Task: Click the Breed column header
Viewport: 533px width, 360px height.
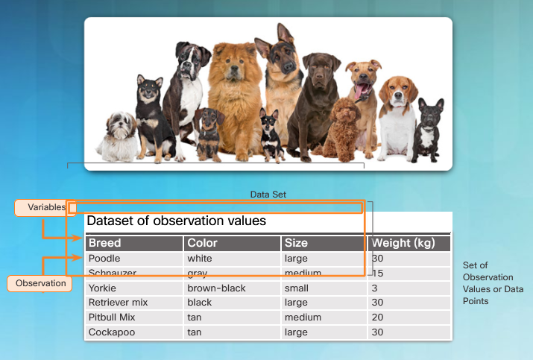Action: click(x=134, y=243)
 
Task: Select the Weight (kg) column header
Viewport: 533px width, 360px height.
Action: click(x=409, y=243)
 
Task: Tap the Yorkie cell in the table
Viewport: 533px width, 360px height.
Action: click(x=134, y=288)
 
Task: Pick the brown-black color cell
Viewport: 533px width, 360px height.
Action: click(x=232, y=288)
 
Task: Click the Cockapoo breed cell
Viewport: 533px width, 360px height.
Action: click(x=134, y=332)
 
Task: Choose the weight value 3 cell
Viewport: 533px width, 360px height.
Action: click(x=409, y=288)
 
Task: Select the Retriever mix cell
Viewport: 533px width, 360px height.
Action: click(x=134, y=303)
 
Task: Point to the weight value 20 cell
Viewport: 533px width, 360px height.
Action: click(x=409, y=318)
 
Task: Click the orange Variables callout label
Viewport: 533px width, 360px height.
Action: click(x=45, y=207)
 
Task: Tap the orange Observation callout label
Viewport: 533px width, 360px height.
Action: click(x=40, y=283)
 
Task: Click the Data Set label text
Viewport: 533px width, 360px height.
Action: click(x=268, y=195)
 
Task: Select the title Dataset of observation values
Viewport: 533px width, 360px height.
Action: click(x=177, y=221)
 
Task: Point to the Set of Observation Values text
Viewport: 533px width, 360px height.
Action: click(x=493, y=283)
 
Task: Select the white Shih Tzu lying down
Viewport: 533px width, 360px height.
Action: click(x=118, y=137)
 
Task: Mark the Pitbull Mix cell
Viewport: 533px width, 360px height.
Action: click(x=134, y=318)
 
